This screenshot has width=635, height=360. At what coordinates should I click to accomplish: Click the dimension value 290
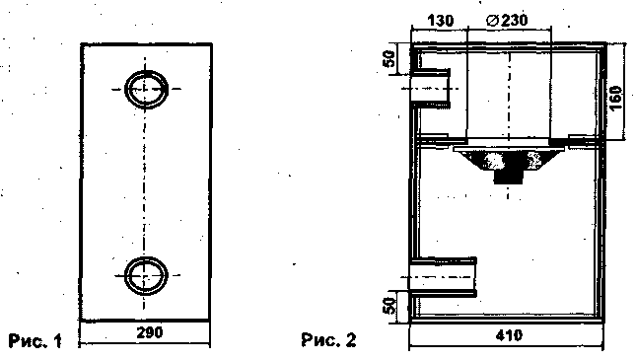(x=150, y=332)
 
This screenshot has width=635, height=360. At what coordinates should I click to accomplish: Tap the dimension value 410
(x=509, y=335)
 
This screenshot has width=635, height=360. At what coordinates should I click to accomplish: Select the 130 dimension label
(x=441, y=21)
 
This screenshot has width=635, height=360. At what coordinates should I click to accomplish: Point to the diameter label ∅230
(x=507, y=20)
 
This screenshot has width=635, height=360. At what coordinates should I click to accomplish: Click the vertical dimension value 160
(x=615, y=99)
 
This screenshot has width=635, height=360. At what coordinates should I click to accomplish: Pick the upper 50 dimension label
(x=389, y=59)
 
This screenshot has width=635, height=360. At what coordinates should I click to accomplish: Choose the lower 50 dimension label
(x=388, y=306)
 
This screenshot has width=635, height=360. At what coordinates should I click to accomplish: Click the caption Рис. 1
(x=35, y=340)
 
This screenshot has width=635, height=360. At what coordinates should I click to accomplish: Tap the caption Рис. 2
(x=328, y=339)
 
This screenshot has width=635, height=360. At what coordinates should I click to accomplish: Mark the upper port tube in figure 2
(x=431, y=89)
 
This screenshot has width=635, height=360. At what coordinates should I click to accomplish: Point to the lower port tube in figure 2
(x=443, y=277)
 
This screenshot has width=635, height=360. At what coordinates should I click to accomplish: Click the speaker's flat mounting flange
(x=509, y=149)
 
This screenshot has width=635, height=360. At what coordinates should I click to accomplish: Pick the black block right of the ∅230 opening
(x=559, y=141)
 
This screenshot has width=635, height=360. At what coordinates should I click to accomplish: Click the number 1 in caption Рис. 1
(x=58, y=341)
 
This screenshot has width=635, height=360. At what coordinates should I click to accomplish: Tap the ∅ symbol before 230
(x=492, y=21)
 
